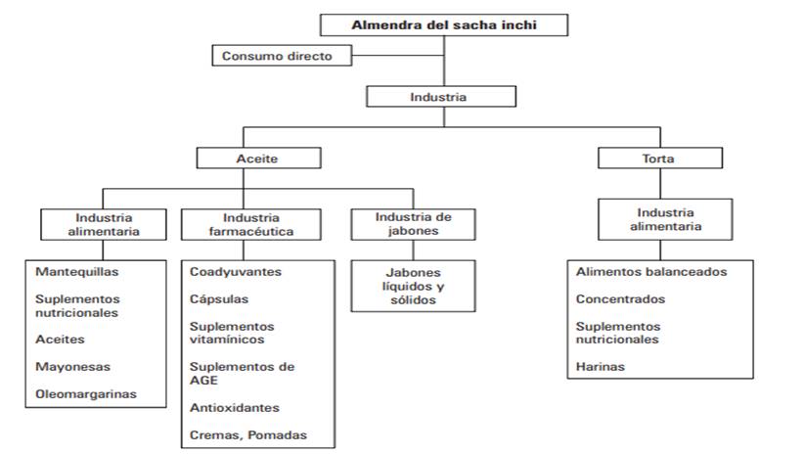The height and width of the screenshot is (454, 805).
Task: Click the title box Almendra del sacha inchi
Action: (444, 25)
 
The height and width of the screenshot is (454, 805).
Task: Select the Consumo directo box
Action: (282, 56)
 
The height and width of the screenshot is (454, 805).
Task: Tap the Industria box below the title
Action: (441, 97)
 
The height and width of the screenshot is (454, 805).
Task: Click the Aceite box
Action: (259, 159)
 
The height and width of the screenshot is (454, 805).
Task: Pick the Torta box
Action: (660, 159)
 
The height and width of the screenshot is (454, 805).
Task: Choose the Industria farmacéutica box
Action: (251, 224)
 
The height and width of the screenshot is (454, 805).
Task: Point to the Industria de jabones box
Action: (414, 224)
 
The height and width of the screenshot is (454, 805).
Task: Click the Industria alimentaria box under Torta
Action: (665, 219)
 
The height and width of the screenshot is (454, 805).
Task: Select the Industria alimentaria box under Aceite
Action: (104, 224)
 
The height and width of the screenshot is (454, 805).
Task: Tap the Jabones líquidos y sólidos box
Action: (414, 286)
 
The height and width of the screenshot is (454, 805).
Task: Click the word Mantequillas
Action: (77, 272)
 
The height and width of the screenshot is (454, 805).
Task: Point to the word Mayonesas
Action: (73, 367)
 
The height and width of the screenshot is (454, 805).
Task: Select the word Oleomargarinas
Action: (86, 394)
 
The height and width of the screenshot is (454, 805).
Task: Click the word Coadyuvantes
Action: (236, 272)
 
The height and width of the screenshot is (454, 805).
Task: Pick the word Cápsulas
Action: (219, 298)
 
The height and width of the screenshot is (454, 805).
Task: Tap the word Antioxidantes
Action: (235, 408)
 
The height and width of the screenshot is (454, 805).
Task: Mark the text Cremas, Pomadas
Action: (248, 435)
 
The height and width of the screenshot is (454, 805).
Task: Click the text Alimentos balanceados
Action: (651, 272)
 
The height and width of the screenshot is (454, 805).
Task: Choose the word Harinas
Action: (601, 367)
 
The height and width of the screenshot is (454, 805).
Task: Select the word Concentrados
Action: (620, 298)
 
